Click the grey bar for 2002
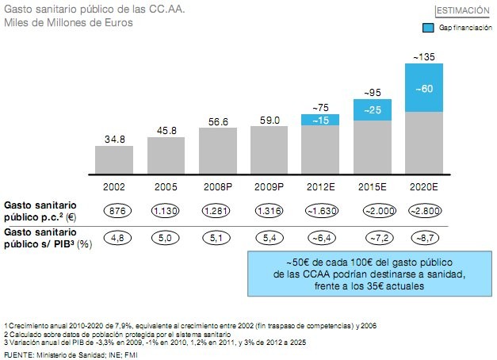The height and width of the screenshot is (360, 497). tap(114, 159)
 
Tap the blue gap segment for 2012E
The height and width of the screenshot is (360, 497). tap(320, 120)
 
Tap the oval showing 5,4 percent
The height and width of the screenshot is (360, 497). tap(270, 236)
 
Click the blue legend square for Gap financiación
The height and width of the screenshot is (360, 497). tap(427, 28)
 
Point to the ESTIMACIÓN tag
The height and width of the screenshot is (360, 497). tap(462, 10)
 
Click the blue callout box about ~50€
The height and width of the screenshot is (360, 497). tap(365, 274)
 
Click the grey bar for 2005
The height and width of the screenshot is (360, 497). tap(166, 155)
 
